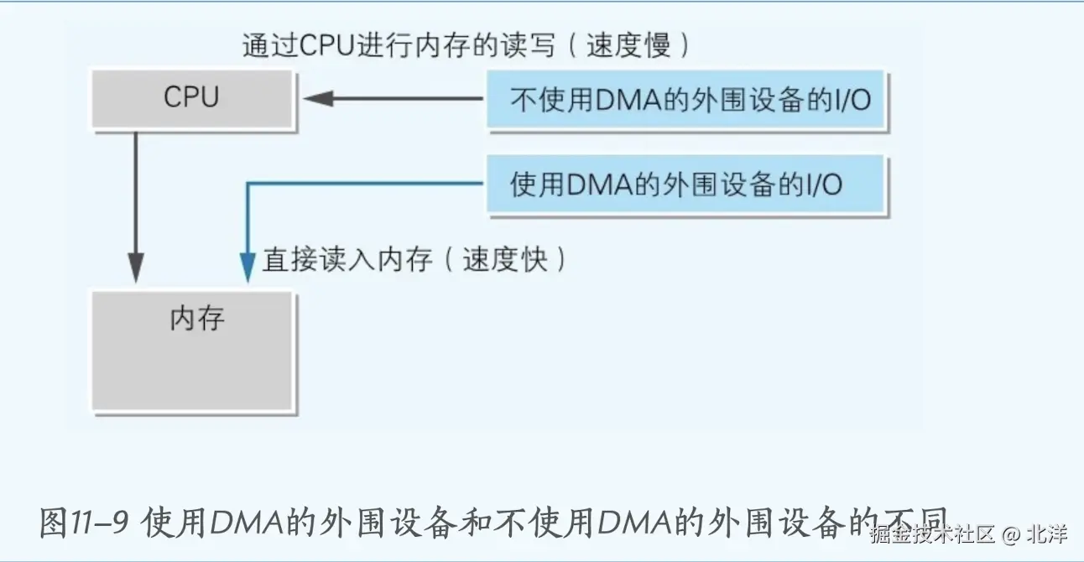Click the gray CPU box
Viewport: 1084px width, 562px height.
tap(193, 100)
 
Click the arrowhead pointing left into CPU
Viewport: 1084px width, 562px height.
tap(317, 99)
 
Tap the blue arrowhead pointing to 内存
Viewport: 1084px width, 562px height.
tap(248, 268)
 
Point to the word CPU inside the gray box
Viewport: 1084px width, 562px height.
tap(191, 97)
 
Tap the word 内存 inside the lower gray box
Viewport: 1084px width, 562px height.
tap(197, 319)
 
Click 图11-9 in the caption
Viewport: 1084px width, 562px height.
tap(83, 524)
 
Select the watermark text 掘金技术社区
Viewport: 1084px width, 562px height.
tap(931, 533)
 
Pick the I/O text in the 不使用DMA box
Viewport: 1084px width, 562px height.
tap(848, 101)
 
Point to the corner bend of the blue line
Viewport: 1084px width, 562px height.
tap(248, 185)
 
